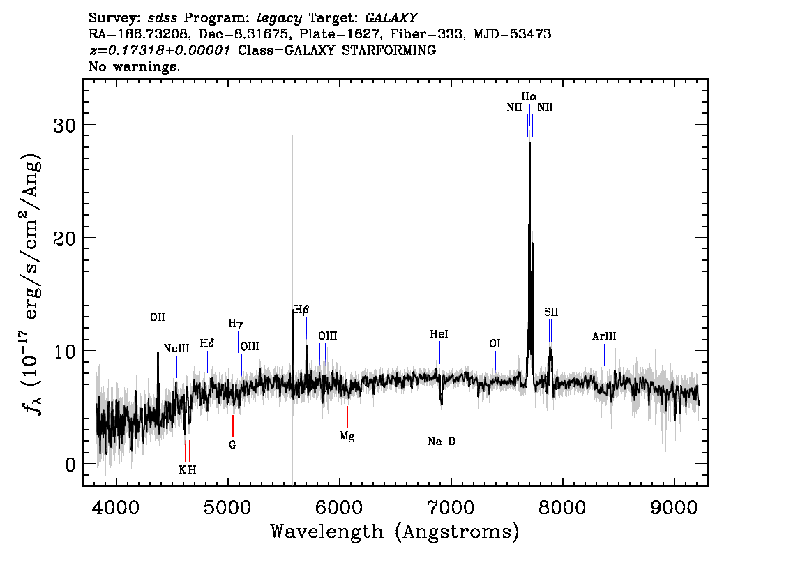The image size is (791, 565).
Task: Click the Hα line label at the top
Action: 529,96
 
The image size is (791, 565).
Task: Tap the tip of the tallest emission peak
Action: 529,142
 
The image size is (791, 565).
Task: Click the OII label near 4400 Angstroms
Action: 158,317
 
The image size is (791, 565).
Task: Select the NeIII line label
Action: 176,348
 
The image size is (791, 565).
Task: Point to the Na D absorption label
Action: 442,442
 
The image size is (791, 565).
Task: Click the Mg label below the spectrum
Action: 347,436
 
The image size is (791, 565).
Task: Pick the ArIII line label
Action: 604,336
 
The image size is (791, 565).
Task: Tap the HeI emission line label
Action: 439,334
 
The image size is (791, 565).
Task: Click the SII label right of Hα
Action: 551,312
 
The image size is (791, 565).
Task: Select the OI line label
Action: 495,344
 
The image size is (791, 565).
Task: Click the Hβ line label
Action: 301,309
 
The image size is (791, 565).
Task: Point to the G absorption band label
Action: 232,444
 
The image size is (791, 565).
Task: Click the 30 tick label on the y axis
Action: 64,126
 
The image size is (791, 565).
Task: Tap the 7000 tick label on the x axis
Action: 451,508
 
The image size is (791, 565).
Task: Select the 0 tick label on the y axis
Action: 70,464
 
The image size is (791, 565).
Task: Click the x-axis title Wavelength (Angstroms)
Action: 395,532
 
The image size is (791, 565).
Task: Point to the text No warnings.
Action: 135,66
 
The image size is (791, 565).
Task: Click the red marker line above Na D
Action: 442,422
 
